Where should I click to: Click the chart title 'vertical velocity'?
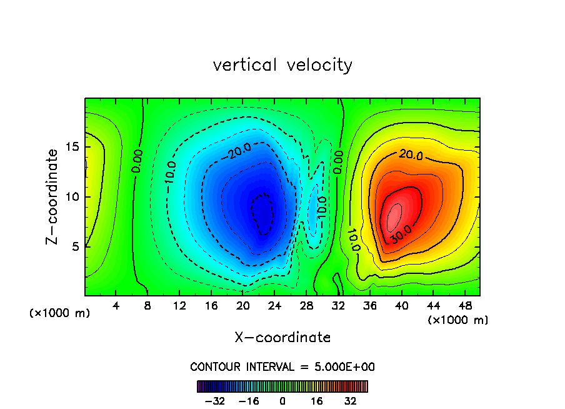282,65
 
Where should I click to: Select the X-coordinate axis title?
282,338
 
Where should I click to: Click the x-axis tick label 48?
464,306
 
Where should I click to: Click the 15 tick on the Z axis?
71,148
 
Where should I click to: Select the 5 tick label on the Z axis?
74,246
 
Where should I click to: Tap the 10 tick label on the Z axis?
71,197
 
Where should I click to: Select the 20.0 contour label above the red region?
411,154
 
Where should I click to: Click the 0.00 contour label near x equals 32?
337,161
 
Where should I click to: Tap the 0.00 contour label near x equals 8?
137,161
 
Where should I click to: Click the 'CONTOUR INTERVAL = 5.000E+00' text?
282,367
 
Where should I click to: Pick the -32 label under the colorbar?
216,401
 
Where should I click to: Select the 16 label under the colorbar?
317,401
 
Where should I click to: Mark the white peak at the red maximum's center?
394,218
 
